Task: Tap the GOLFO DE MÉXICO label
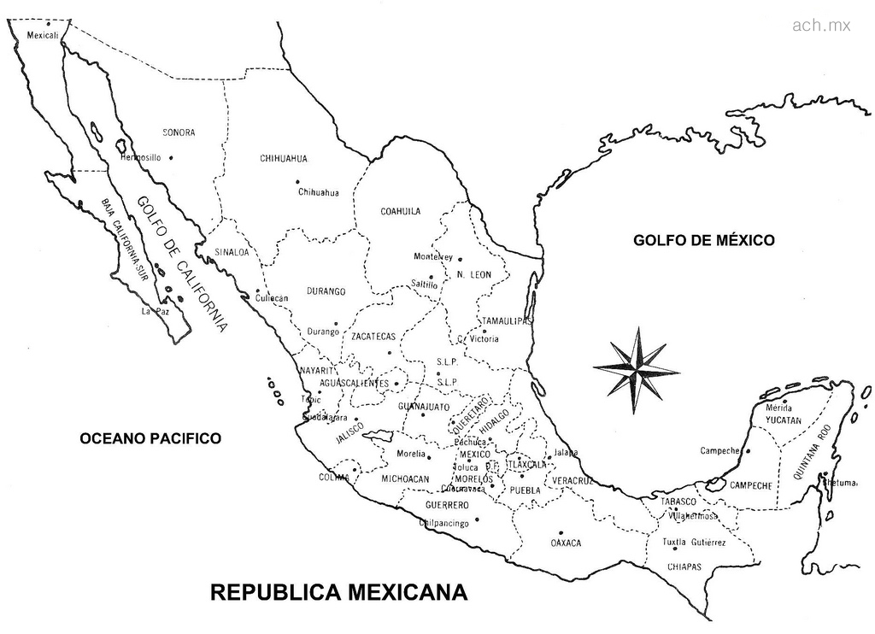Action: [703, 240]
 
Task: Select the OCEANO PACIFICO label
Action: [150, 438]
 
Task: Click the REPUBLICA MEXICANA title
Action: [339, 592]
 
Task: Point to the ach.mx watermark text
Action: [821, 26]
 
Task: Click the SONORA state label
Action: [179, 132]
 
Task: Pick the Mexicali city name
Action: [43, 36]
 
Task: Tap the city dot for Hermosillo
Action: [172, 156]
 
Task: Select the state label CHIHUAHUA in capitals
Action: [284, 158]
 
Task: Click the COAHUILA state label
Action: [400, 211]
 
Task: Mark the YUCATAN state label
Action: [784, 420]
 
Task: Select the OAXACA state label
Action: [566, 543]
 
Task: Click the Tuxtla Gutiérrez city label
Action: [695, 543]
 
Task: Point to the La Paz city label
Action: [151, 312]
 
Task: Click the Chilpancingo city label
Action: [444, 523]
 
